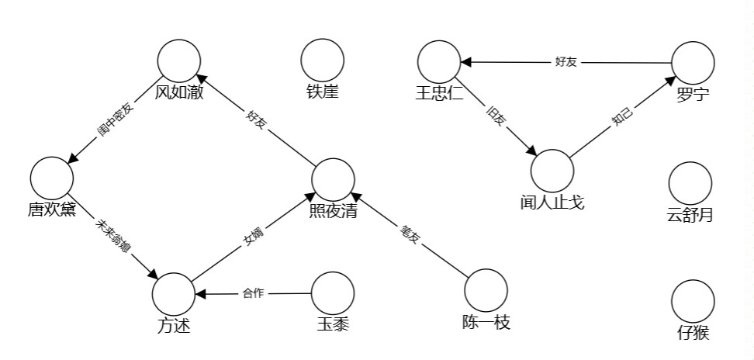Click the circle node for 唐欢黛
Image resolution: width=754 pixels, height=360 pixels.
click(x=53, y=178)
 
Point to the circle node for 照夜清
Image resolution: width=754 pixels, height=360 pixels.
click(x=334, y=179)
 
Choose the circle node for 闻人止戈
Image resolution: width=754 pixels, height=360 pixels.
click(x=552, y=170)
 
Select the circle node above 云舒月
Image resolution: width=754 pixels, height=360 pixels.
click(x=690, y=183)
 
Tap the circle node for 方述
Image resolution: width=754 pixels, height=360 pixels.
click(x=174, y=294)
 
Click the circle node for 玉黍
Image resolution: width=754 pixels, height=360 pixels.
click(x=333, y=292)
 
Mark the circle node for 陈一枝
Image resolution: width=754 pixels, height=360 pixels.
click(x=486, y=289)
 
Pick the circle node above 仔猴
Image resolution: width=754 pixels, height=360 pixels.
click(x=693, y=302)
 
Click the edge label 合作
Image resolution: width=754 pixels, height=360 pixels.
click(x=254, y=293)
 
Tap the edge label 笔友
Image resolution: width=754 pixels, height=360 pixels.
click(x=410, y=235)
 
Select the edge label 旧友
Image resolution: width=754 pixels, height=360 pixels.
click(x=495, y=116)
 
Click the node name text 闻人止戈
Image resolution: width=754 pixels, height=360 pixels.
click(x=552, y=202)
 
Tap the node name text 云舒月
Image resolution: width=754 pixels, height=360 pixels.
click(x=690, y=215)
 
